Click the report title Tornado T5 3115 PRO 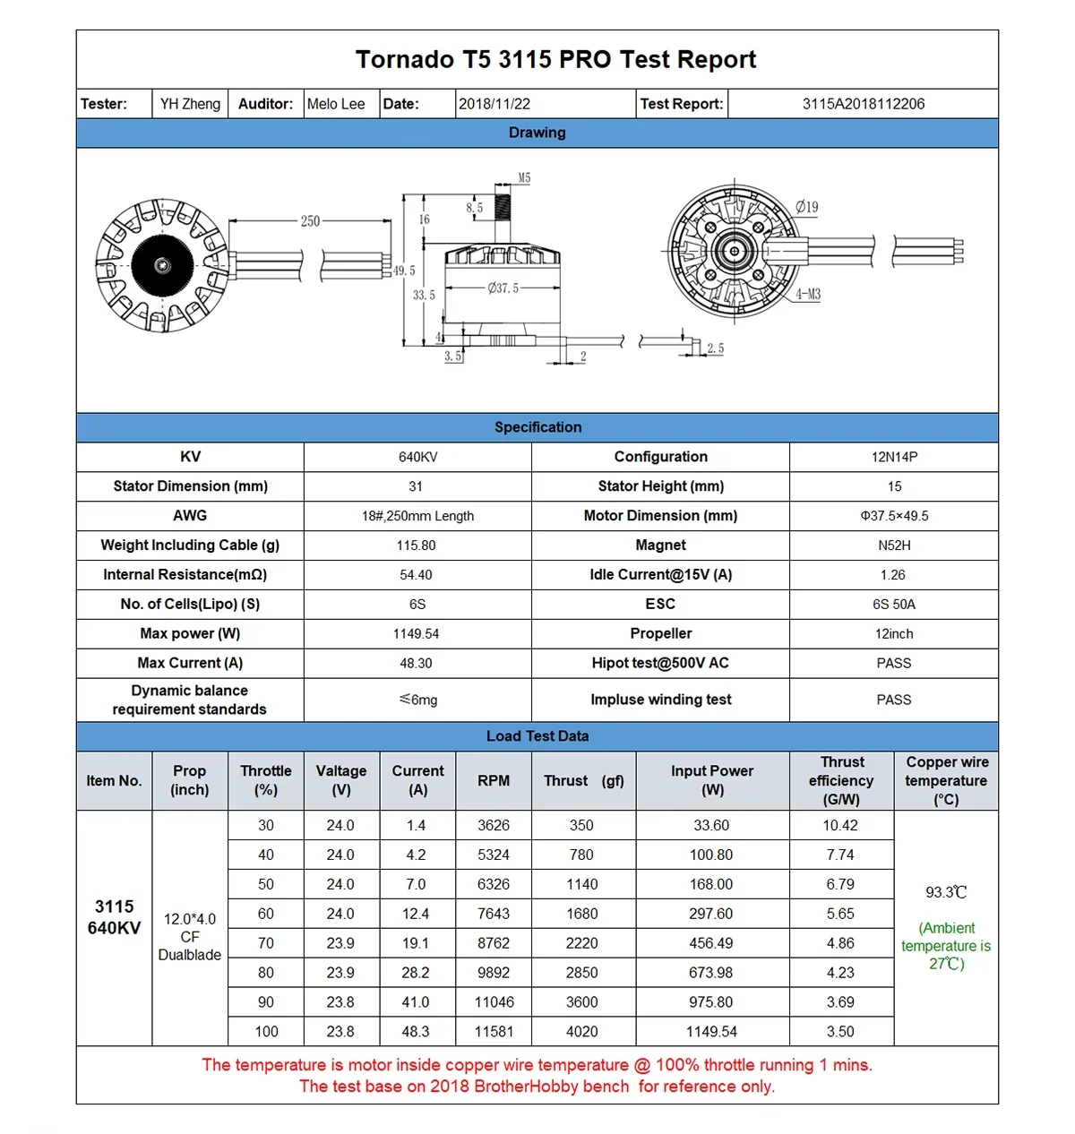pos(555,60)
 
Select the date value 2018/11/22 pos(494,104)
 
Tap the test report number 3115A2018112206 pos(863,104)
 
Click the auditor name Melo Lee pos(336,104)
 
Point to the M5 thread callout pos(524,178)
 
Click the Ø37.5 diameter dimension pos(503,288)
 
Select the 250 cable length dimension pos(310,221)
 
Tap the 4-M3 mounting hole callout pos(808,295)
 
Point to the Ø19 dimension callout pos(806,207)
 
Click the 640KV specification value pos(417,458)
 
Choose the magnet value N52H pos(893,546)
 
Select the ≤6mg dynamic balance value pos(418,700)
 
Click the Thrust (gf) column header pos(583,781)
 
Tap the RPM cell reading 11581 pos(494,1032)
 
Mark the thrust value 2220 pos(581,943)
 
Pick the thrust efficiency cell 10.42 pos(840,826)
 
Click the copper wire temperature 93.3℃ pos(946,892)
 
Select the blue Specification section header pos(537,427)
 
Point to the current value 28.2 pos(416,973)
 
